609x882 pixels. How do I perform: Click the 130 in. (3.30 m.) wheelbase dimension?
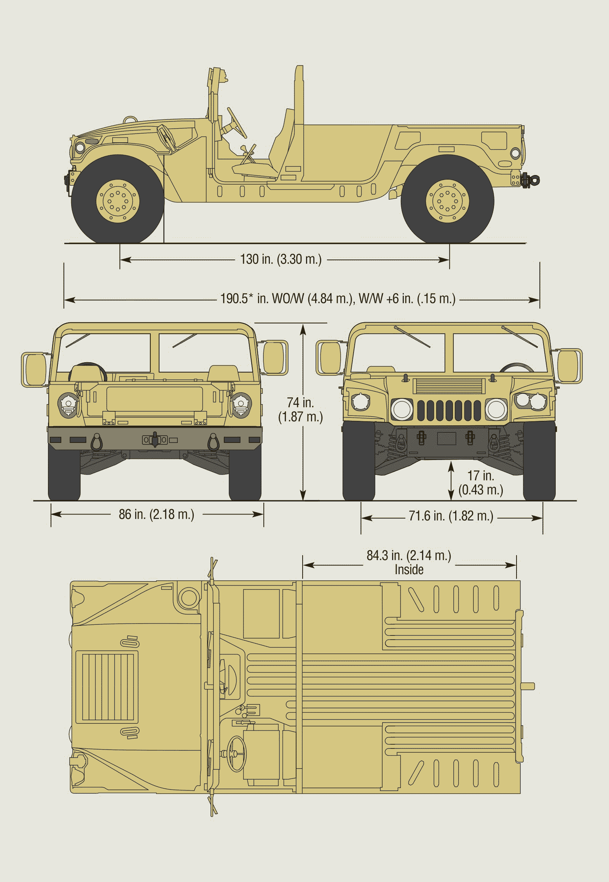(281, 260)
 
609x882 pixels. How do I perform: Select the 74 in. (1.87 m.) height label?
(300, 409)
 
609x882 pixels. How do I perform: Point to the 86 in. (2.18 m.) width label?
(156, 514)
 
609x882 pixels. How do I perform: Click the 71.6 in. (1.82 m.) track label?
(451, 516)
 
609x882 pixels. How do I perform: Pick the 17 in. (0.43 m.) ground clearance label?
(480, 482)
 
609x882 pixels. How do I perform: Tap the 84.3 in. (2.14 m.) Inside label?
(409, 562)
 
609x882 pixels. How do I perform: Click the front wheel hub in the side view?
(118, 201)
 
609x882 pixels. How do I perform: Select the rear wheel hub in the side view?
(447, 201)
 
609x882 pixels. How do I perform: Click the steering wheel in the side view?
(237, 123)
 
